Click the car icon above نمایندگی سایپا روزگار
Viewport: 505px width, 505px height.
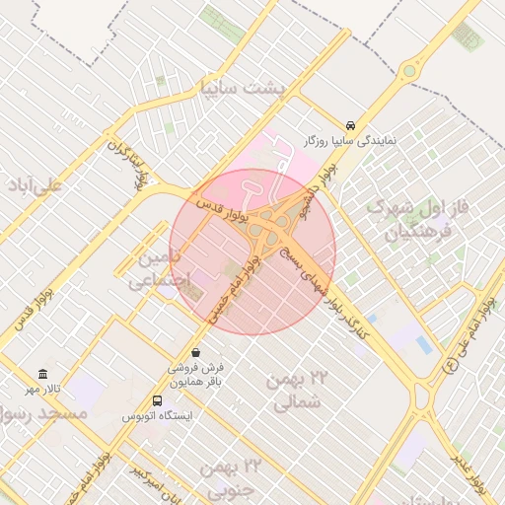[x=351, y=125]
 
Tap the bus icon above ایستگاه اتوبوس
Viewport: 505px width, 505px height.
[x=158, y=400]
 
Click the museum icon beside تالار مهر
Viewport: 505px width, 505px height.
[x=42, y=375]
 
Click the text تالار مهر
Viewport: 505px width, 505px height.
[x=42, y=391]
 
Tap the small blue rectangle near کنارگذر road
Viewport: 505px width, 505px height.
[x=423, y=344]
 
